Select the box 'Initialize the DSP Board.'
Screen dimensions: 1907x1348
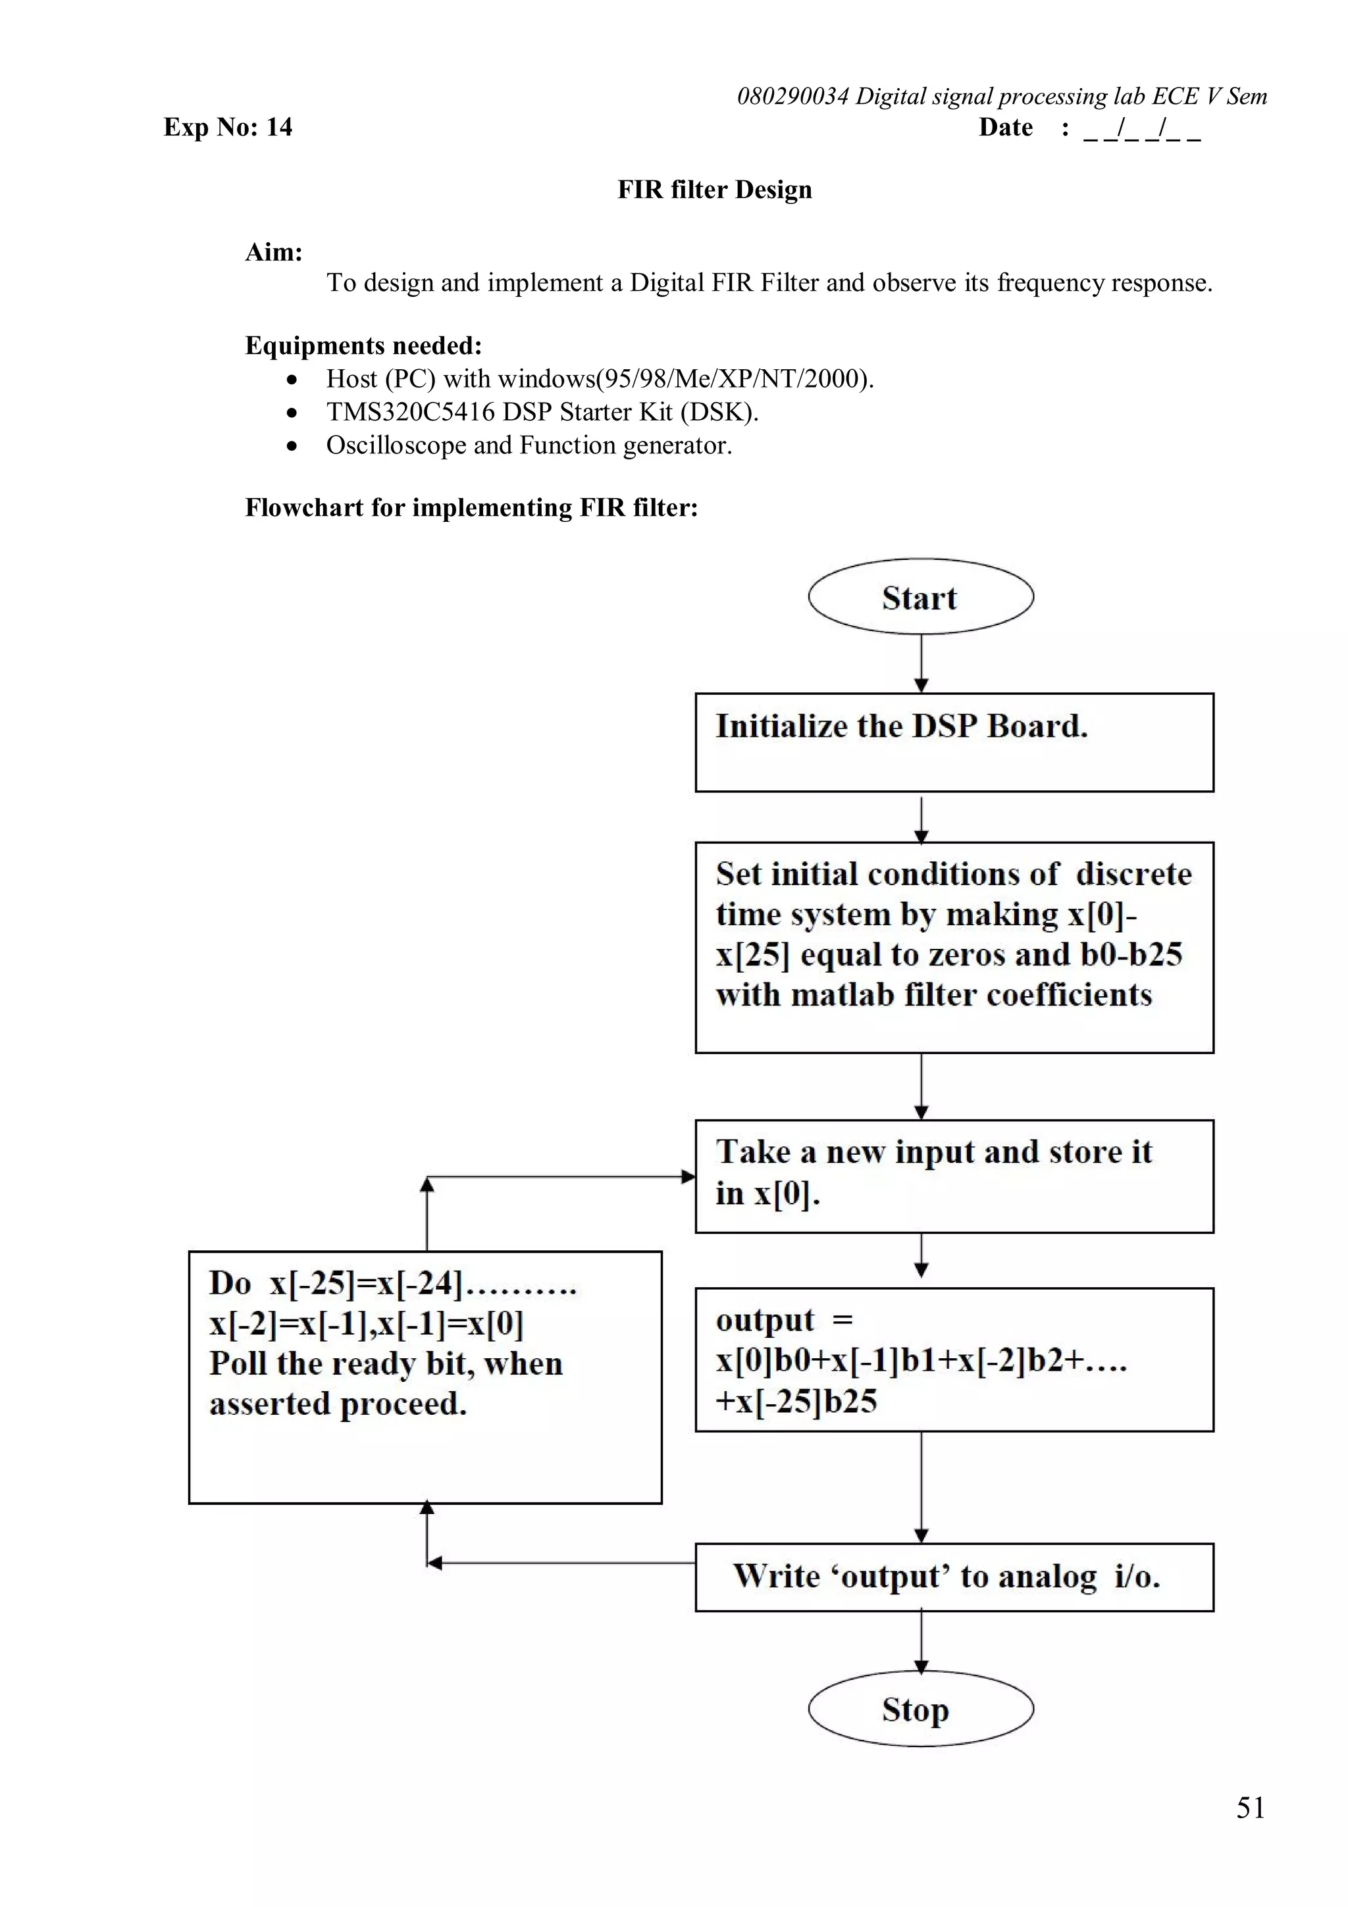click(954, 742)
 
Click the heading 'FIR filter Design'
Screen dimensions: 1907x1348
click(714, 190)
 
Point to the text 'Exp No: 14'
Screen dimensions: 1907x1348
click(228, 127)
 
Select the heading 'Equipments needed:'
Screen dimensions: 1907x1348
click(363, 345)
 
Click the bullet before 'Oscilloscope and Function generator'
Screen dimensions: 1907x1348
click(292, 446)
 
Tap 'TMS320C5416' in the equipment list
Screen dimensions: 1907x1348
click(410, 412)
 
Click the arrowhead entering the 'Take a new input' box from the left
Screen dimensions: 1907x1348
click(688, 1176)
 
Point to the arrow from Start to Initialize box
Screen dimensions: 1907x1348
click(920, 663)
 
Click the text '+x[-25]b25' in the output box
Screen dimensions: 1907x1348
click(796, 1400)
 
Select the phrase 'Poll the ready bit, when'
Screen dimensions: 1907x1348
click(386, 1363)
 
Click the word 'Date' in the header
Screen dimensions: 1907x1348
click(1005, 127)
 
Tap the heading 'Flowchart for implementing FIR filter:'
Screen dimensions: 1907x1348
click(471, 507)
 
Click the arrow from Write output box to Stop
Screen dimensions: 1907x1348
click(920, 1640)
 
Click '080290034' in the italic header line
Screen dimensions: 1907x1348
click(792, 96)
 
